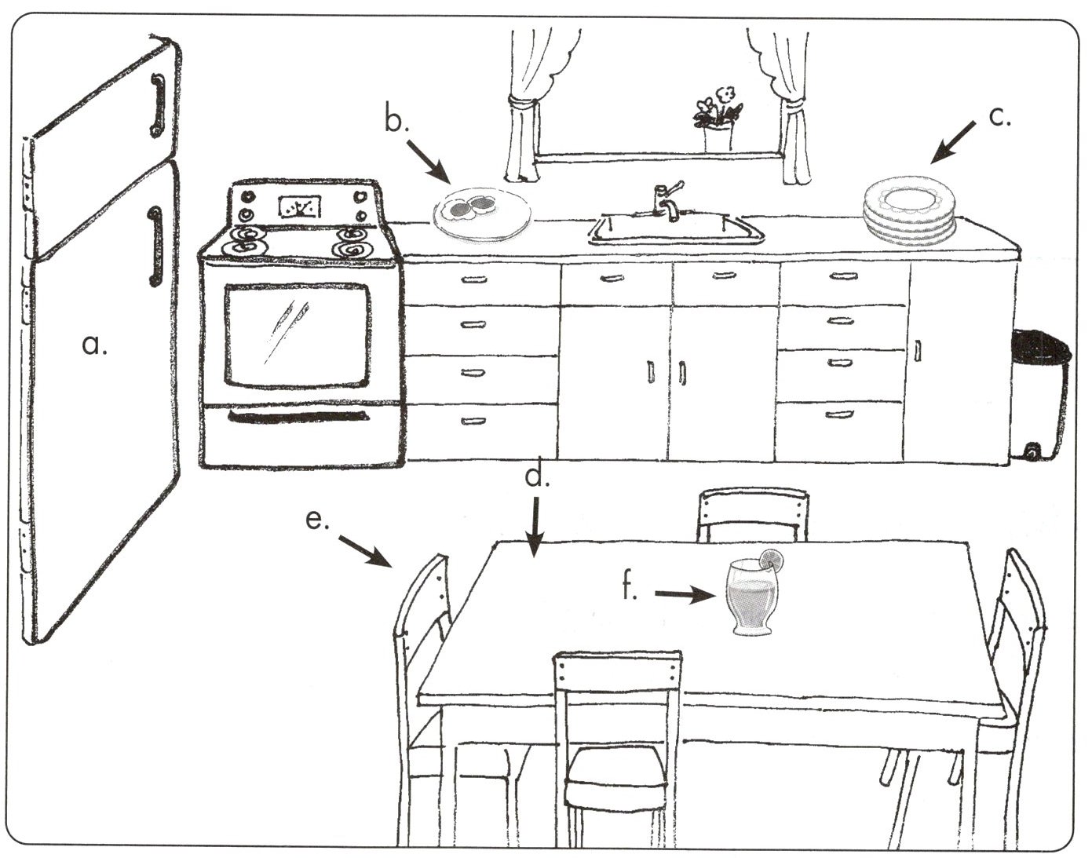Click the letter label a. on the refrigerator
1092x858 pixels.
tap(94, 344)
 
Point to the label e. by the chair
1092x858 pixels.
tap(316, 520)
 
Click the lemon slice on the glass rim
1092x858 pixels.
tap(771, 558)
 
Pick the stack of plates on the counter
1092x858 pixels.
tap(909, 210)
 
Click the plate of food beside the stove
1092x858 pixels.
tap(481, 211)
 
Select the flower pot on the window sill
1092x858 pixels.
tap(718, 137)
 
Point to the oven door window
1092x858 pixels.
tap(297, 334)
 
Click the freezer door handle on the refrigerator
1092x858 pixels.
tap(156, 105)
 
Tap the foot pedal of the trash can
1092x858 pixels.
tap(1031, 451)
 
